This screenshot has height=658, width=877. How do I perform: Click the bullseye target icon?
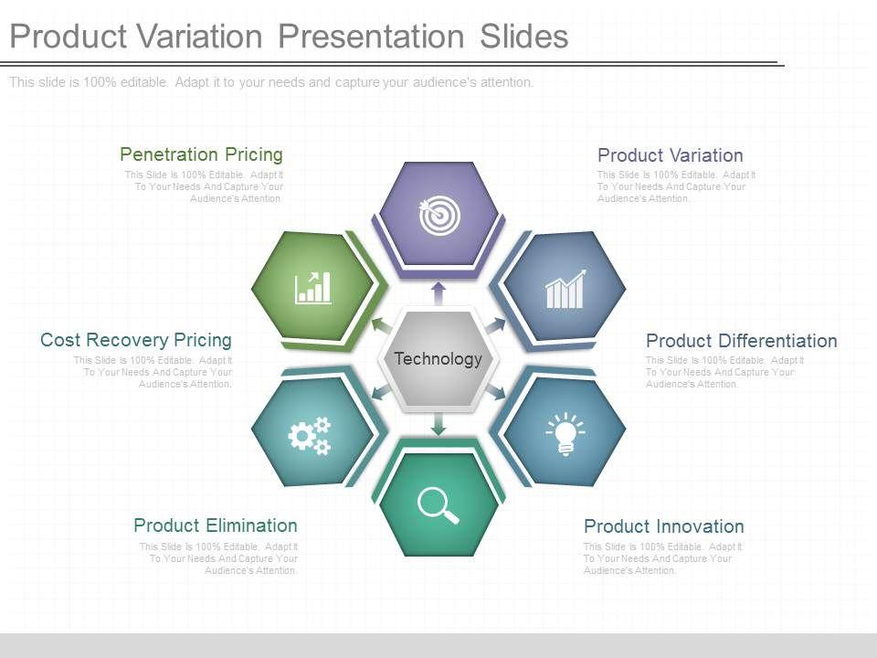coord(439,214)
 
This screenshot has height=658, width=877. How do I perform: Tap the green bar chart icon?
coord(312,288)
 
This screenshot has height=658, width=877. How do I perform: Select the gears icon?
coord(310,435)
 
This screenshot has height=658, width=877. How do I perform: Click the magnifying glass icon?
coord(438,505)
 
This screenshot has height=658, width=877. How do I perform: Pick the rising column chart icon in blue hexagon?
coord(565,289)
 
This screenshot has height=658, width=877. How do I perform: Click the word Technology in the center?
coord(438,358)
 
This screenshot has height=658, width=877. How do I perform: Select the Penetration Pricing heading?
coord(201,154)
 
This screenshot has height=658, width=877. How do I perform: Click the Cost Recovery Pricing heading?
coord(136,340)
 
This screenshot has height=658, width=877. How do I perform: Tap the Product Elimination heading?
coord(216,525)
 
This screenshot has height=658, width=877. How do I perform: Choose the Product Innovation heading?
coord(664,526)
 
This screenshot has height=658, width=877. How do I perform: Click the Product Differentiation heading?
coord(742,341)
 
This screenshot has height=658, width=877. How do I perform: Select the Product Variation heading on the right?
coord(671,155)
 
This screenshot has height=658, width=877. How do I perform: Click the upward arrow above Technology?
coord(438,293)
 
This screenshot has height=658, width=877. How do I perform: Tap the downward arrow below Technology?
coord(438,423)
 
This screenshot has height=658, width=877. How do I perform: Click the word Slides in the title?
coord(524,37)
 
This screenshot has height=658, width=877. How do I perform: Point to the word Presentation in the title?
coord(371,37)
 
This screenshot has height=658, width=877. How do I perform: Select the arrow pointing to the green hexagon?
coord(382,326)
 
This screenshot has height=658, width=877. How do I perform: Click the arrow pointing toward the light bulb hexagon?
coord(495,392)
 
